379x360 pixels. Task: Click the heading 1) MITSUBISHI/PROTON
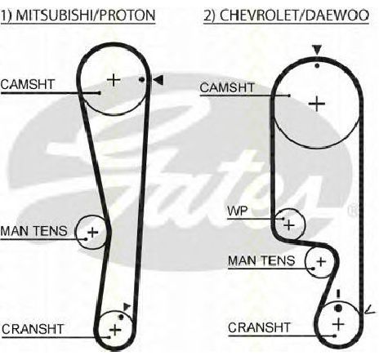point(78,16)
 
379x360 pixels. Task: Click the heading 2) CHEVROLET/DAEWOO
point(287,16)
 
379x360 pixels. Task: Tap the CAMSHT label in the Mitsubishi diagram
point(28,84)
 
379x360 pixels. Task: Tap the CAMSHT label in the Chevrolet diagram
point(227,87)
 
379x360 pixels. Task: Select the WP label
point(238,211)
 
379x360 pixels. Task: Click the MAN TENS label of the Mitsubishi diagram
point(33,231)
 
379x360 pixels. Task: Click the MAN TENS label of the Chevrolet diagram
point(261,260)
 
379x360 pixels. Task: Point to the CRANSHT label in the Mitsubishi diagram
point(33,329)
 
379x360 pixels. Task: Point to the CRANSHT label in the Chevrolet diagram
point(259,327)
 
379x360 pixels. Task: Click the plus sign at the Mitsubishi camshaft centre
point(114,80)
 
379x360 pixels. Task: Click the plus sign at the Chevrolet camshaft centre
point(317,104)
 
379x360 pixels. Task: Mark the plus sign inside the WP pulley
point(289,225)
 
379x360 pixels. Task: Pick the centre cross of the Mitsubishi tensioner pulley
point(93,233)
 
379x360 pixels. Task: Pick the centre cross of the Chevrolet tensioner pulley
point(321,261)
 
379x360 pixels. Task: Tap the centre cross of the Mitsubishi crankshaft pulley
point(115,330)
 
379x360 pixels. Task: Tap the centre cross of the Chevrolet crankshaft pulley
point(338,324)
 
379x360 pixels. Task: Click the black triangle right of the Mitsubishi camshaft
point(158,80)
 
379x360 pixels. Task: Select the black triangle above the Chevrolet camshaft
point(317,51)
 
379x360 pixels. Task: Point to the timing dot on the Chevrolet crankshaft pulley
point(338,309)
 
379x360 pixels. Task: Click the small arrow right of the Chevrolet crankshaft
point(370,309)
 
